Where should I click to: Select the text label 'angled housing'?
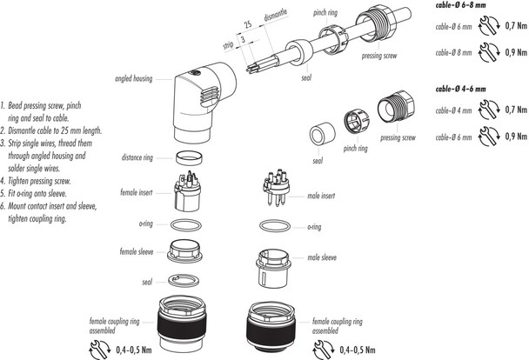(133, 78)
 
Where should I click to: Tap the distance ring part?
(190, 157)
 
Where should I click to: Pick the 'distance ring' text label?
(139, 157)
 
